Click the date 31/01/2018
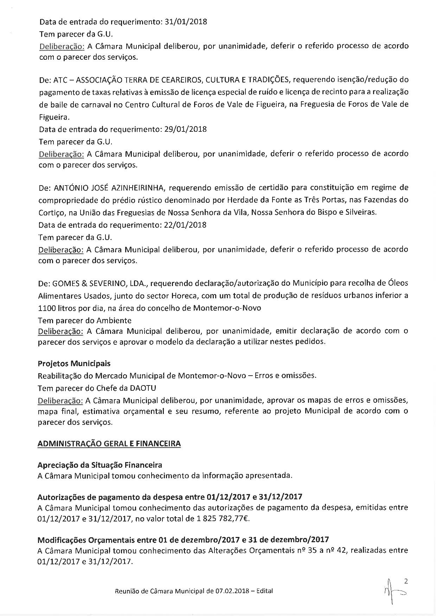(186, 22)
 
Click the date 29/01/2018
(185, 129)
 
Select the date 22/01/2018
(185, 225)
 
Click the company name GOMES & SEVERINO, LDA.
(101, 283)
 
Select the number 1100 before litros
(46, 308)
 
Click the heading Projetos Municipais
(74, 363)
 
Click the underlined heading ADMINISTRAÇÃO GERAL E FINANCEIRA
(109, 444)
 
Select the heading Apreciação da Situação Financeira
(100, 465)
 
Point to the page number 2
(406, 582)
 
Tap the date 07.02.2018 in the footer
(231, 591)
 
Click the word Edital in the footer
(264, 591)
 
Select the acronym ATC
(59, 80)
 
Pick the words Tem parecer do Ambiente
(85, 320)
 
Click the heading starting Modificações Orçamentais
(183, 539)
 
